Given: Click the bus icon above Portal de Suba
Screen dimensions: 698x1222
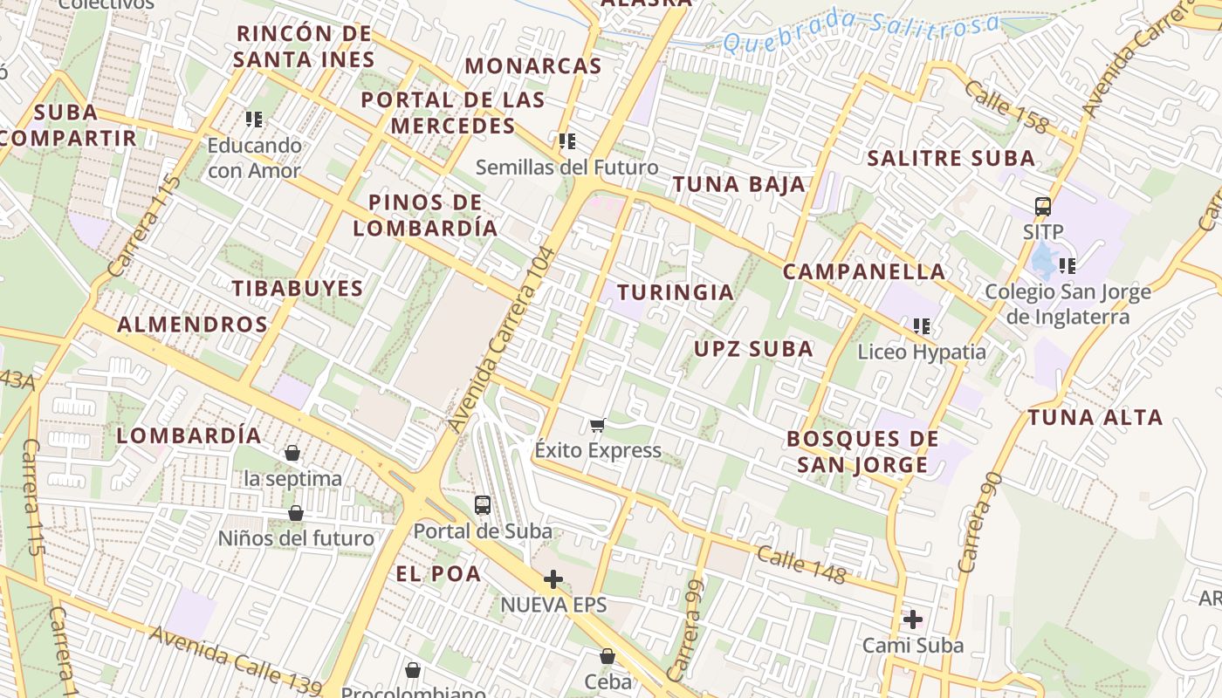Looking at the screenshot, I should click(x=482, y=504).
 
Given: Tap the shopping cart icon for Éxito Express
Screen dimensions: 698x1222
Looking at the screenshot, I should click(x=597, y=425).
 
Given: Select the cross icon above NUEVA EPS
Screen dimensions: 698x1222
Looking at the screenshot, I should click(x=553, y=578).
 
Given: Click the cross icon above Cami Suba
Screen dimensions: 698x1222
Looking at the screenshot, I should click(x=913, y=619).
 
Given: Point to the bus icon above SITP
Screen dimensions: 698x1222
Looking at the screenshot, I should click(x=1043, y=207).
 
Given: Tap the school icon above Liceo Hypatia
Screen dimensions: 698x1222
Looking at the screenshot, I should click(x=922, y=326).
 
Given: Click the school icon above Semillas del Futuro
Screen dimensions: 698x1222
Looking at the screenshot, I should click(x=567, y=140).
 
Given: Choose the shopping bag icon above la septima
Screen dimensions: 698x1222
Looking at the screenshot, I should click(x=292, y=453).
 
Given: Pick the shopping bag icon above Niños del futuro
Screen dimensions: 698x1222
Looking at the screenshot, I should click(x=296, y=512).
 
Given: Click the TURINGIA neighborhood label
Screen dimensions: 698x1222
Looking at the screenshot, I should click(x=676, y=292).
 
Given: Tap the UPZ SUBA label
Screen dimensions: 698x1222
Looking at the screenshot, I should click(x=753, y=349).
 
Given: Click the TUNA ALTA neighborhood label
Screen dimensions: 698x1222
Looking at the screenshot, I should click(x=1095, y=417).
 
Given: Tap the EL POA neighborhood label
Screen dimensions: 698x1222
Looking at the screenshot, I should click(x=438, y=573).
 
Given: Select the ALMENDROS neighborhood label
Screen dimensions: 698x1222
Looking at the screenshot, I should click(x=192, y=325).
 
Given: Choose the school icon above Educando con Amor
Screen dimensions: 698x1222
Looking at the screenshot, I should click(x=254, y=119).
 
